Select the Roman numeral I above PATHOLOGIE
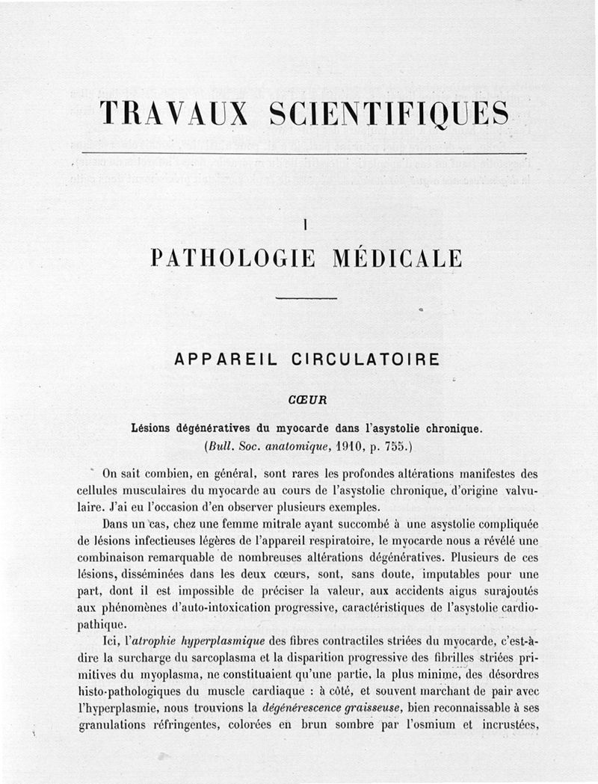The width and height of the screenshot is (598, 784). pyautogui.click(x=306, y=222)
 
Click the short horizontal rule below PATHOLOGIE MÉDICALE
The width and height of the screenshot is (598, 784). pyautogui.click(x=306, y=299)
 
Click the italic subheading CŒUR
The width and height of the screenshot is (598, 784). pyautogui.click(x=303, y=400)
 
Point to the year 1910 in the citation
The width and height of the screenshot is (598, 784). pyautogui.click(x=350, y=446)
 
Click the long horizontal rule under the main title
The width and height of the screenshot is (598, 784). pyautogui.click(x=303, y=153)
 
